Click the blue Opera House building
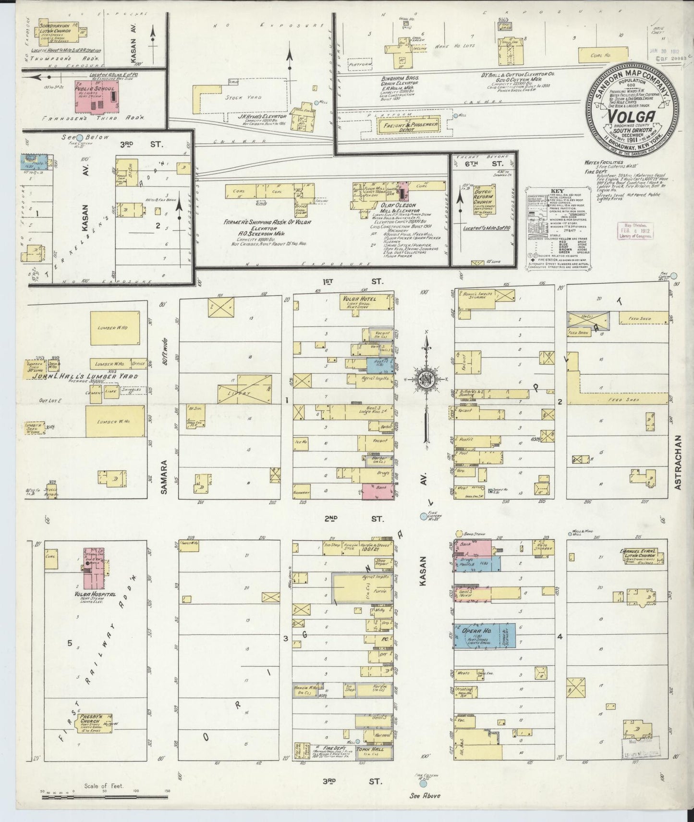(x=485, y=635)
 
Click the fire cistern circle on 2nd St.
(x=423, y=516)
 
